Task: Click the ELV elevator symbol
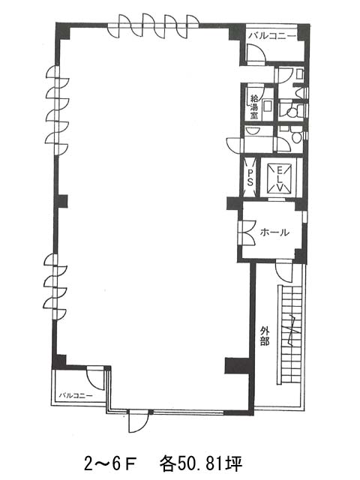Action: pos(280,178)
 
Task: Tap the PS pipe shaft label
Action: pos(250,178)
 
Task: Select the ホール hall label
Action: pos(274,232)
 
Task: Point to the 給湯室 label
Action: pos(253,106)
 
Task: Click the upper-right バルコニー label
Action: pos(272,36)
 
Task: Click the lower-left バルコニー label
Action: pos(76,395)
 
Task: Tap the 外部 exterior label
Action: pos(265,336)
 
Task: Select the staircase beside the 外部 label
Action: pos(290,334)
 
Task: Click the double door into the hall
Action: pos(247,232)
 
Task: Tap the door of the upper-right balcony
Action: pos(256,54)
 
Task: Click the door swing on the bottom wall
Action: pos(138,421)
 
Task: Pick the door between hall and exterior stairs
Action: pos(284,271)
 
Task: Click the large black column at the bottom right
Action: pos(238,365)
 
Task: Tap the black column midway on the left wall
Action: pos(62,201)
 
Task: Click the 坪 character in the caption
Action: pos(235,463)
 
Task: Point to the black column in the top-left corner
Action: pos(63,31)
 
